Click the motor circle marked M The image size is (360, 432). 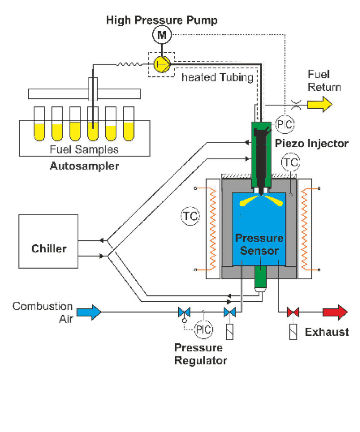[162, 36]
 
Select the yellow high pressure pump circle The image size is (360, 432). [162, 64]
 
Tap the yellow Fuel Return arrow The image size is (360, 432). [319, 104]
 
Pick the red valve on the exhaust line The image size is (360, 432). [293, 312]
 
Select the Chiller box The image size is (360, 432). [49, 248]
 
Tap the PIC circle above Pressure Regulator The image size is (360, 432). [203, 329]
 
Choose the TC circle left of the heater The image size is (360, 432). [190, 216]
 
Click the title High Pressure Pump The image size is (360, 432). [162, 20]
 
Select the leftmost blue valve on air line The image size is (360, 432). [184, 313]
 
